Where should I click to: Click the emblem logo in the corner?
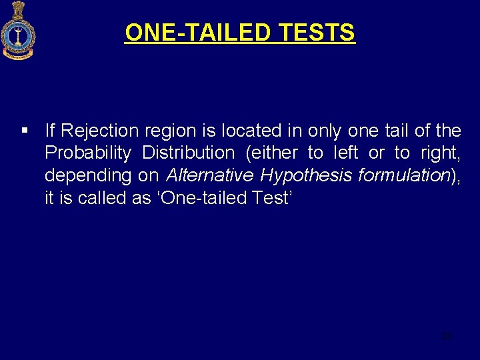(x=18, y=31)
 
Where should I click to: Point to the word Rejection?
(x=99, y=130)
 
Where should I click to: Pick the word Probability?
(x=87, y=153)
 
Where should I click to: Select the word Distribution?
(x=188, y=153)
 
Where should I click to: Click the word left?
(x=345, y=153)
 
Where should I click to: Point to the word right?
(x=440, y=153)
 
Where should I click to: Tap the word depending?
(x=84, y=176)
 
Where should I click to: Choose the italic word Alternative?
(x=210, y=175)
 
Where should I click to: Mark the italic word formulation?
(x=404, y=175)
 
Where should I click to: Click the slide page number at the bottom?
(x=446, y=336)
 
